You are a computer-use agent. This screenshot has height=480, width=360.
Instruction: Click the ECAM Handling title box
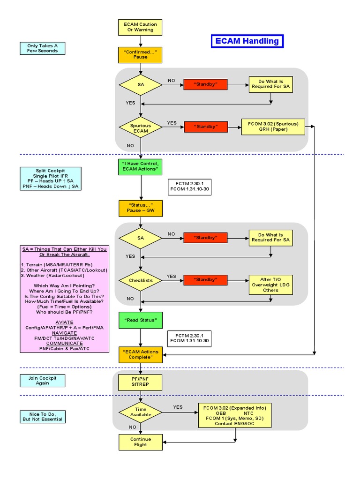click(247, 41)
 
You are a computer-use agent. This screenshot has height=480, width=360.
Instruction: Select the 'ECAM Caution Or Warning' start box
click(140, 27)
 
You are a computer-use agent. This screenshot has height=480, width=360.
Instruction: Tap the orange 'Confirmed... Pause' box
click(140, 54)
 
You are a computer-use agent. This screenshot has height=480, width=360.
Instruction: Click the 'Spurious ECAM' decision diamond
click(140, 128)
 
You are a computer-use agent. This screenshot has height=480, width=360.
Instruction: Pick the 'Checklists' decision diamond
click(140, 280)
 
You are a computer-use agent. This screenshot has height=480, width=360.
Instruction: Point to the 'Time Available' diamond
click(140, 412)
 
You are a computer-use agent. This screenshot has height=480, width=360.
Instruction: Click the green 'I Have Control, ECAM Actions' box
click(140, 166)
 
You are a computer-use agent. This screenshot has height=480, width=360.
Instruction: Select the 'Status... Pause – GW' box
click(140, 208)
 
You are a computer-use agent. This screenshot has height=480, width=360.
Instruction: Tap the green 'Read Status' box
click(140, 320)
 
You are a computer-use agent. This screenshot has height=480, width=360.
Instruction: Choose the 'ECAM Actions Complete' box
click(140, 354)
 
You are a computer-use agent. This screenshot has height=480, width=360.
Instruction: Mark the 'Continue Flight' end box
click(140, 442)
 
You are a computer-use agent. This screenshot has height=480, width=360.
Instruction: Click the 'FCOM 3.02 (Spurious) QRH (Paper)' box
click(273, 127)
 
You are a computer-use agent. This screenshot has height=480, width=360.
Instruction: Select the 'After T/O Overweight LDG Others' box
click(270, 285)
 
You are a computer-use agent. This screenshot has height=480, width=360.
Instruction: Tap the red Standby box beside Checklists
click(205, 279)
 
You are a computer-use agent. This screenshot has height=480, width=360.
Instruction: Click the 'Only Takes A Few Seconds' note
click(42, 48)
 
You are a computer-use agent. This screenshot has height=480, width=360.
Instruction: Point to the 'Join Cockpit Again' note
click(42, 380)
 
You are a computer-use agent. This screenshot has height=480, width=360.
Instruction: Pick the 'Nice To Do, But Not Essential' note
click(42, 416)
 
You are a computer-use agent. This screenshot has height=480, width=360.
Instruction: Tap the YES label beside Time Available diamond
click(178, 407)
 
